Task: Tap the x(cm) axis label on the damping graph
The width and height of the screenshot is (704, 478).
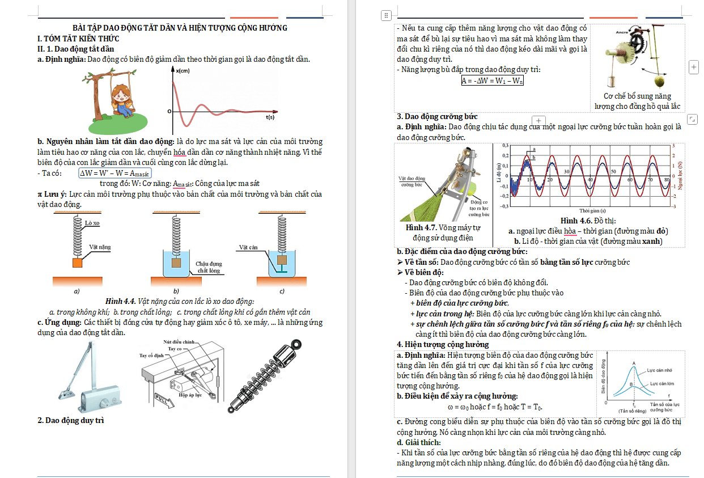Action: (x=183, y=70)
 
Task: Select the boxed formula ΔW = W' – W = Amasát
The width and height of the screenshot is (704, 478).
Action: (x=111, y=173)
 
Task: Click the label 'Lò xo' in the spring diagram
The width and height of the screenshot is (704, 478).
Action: (x=92, y=223)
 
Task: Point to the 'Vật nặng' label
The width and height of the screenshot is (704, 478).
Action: (x=100, y=247)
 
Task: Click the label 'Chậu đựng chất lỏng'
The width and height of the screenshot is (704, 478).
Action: (x=209, y=267)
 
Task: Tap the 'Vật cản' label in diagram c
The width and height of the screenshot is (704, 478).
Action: (x=248, y=247)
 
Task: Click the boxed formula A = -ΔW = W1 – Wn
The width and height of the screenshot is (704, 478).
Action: (x=492, y=81)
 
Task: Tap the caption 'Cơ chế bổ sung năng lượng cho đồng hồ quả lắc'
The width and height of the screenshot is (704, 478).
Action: (x=637, y=101)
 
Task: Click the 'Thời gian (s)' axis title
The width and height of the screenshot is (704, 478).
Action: (x=590, y=210)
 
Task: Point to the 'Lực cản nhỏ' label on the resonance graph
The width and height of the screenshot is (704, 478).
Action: (x=660, y=370)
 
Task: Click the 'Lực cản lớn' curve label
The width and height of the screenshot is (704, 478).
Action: (x=661, y=384)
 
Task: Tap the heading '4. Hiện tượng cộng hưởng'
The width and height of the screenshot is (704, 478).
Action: (x=443, y=344)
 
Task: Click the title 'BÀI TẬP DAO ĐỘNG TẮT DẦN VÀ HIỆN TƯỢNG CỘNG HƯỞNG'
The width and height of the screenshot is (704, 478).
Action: (x=180, y=28)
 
